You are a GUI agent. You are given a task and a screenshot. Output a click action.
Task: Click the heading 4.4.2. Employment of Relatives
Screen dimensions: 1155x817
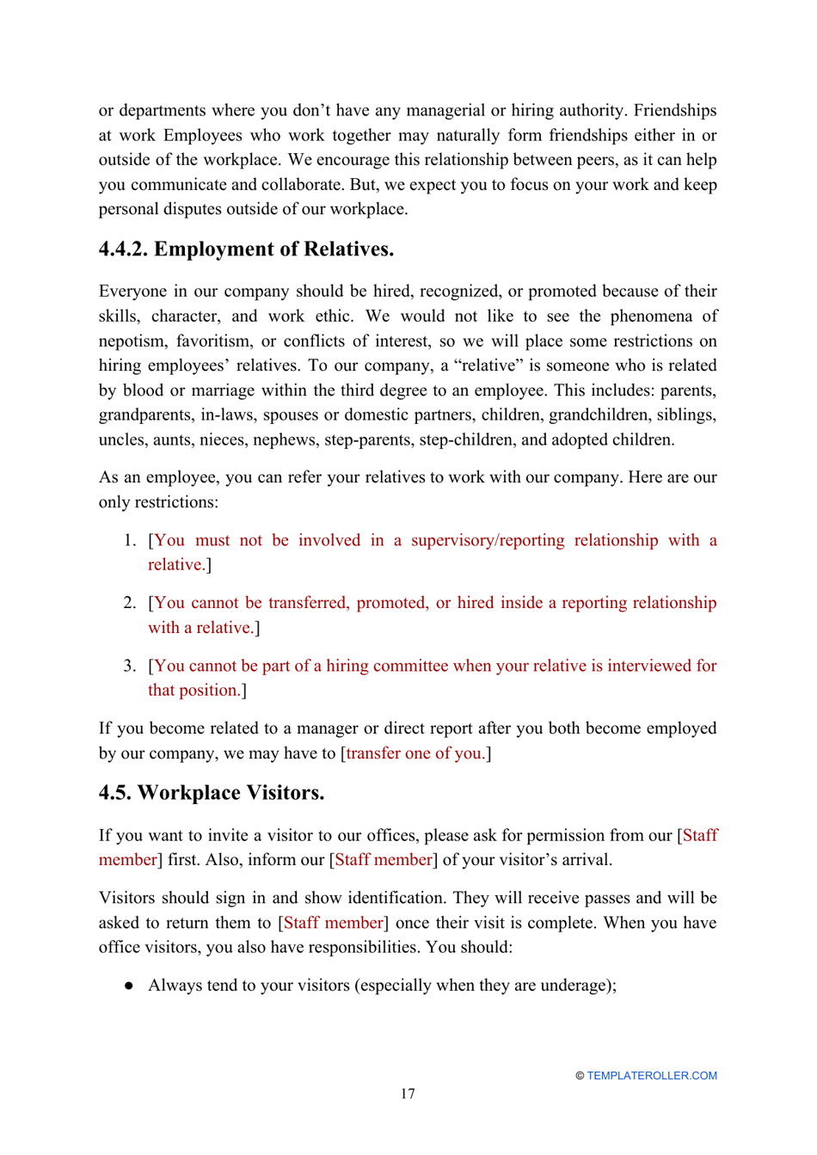point(246,249)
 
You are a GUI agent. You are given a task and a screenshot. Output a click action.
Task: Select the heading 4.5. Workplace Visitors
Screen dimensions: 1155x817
point(212,793)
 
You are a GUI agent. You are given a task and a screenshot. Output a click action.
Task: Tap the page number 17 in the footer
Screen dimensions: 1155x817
point(408,1094)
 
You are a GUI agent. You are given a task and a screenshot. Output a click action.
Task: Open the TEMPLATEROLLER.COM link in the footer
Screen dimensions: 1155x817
point(651,1076)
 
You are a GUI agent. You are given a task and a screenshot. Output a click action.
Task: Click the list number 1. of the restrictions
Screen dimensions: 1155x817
point(130,540)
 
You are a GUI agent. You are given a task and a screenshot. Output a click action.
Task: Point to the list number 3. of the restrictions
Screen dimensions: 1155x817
point(130,666)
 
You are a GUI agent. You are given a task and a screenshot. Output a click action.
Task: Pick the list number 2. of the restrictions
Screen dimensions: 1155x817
point(130,603)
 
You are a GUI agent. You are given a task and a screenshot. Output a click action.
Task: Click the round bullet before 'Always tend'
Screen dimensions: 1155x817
point(129,986)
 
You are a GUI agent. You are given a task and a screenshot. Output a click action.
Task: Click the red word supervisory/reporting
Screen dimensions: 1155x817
point(487,540)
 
